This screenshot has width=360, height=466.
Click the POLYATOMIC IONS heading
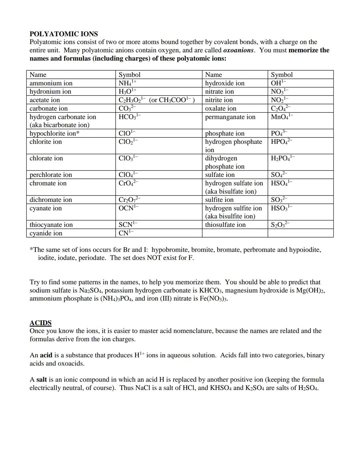[64, 34]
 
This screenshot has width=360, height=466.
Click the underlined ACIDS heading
[40, 323]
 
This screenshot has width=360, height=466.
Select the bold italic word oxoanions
[238, 50]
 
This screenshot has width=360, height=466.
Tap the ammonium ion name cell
[51, 83]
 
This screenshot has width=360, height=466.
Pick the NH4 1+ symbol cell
[128, 83]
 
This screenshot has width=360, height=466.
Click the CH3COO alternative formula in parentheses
[172, 100]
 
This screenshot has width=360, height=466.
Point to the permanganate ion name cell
[230, 117]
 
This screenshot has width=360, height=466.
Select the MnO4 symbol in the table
[282, 117]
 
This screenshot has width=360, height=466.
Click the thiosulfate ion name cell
[225, 225]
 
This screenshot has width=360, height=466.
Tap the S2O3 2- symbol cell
[280, 224]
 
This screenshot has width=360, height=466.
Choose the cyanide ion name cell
[46, 233]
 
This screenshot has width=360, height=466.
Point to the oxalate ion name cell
[220, 108]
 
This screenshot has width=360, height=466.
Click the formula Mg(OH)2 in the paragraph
[310, 290]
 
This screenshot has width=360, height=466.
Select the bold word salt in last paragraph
[41, 380]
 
